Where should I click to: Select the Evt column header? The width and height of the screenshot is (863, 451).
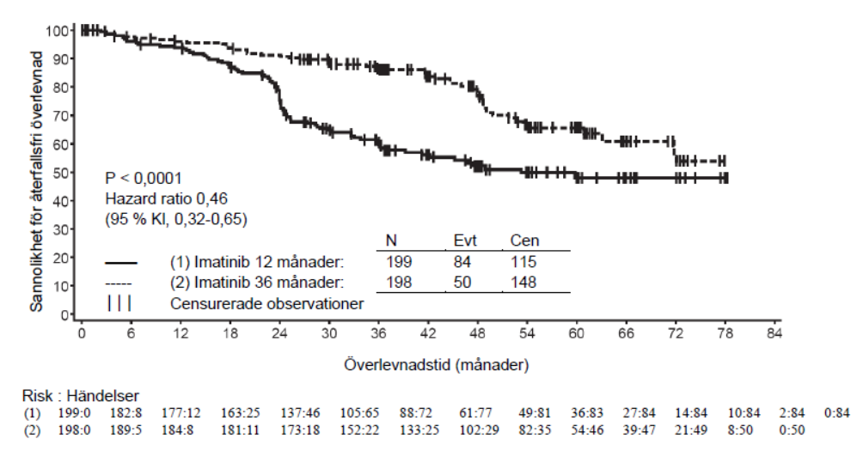coord(463,242)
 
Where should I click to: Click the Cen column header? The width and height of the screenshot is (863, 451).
coord(524,242)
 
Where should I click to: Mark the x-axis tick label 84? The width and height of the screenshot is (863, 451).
coord(774,333)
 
